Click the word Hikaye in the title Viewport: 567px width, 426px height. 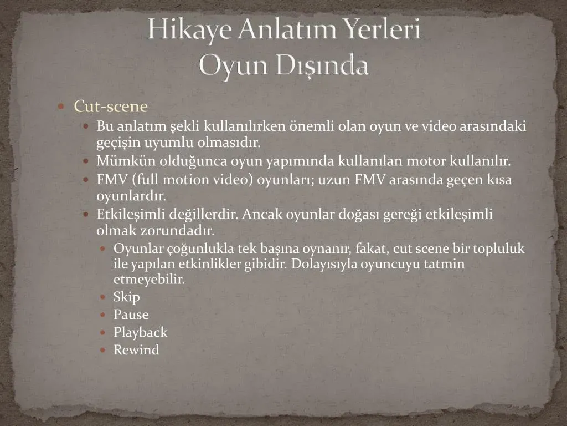tap(190, 29)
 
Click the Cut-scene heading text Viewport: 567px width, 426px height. tap(111, 106)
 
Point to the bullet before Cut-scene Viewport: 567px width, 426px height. tap(61, 106)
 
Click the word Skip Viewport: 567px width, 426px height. tap(127, 297)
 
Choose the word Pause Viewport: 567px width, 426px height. tap(131, 315)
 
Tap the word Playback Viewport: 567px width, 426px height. tap(140, 333)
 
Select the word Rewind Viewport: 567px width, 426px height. tap(136, 350)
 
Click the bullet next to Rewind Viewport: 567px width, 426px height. tap(103, 351)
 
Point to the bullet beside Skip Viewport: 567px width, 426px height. tap(103, 297)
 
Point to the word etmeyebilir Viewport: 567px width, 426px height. tap(149, 280)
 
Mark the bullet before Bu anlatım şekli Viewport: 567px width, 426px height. tap(86, 126)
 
